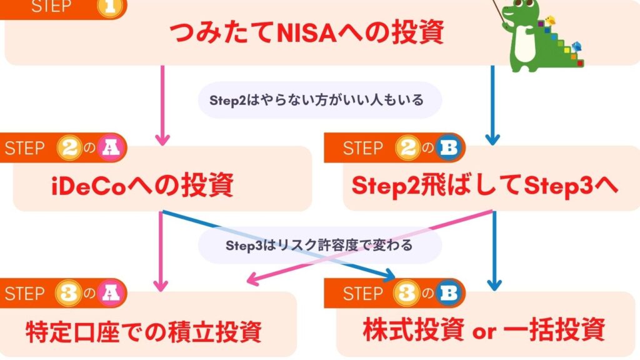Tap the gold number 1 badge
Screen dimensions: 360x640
tap(114, 7)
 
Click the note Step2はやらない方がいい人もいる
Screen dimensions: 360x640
tap(319, 100)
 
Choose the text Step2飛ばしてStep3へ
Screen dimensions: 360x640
tap(485, 186)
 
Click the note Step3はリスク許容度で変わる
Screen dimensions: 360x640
tap(319, 245)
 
